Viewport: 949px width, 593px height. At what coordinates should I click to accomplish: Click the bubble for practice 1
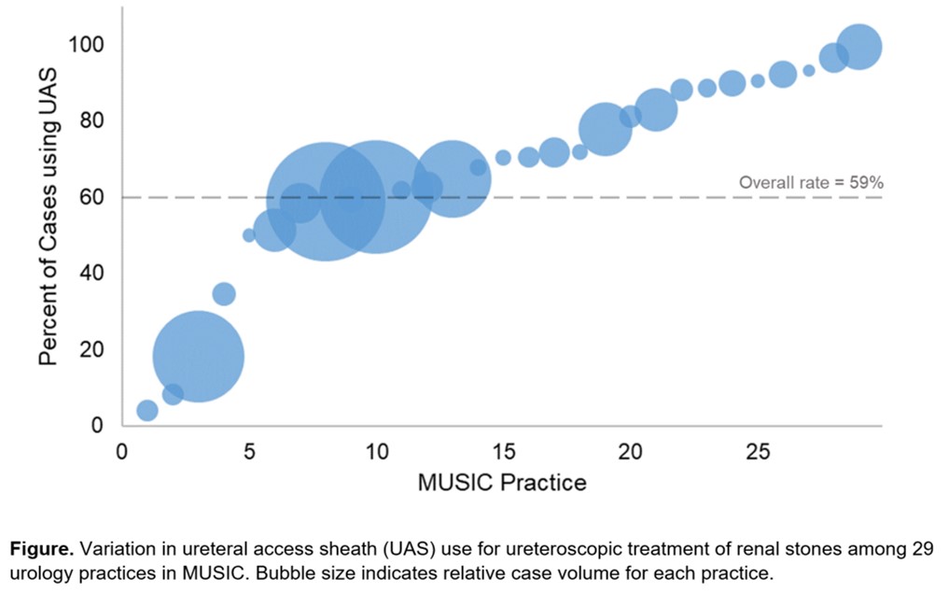coord(147,410)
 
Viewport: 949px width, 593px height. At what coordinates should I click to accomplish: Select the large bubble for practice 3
coord(198,356)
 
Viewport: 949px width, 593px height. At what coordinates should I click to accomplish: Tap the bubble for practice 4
coord(224,294)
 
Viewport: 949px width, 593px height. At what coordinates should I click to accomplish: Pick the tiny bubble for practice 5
coord(249,235)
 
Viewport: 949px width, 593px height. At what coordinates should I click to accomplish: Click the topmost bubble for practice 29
coord(859,47)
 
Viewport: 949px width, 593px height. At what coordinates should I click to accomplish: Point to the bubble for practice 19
coord(606,129)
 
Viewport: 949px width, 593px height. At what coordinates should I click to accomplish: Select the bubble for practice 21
coord(656,110)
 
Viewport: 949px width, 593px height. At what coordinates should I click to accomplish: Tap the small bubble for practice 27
coord(809,71)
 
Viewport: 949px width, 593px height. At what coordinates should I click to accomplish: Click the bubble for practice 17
coord(554,152)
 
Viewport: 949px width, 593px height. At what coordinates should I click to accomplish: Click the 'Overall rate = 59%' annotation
coord(810,183)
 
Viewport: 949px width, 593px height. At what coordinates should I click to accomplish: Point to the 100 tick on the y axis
coord(90,45)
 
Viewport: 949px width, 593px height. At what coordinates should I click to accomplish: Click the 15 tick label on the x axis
coord(502,451)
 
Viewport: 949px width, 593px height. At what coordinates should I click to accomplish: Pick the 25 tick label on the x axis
coord(758,451)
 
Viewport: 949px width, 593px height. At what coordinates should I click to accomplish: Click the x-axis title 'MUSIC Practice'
coord(502,482)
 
